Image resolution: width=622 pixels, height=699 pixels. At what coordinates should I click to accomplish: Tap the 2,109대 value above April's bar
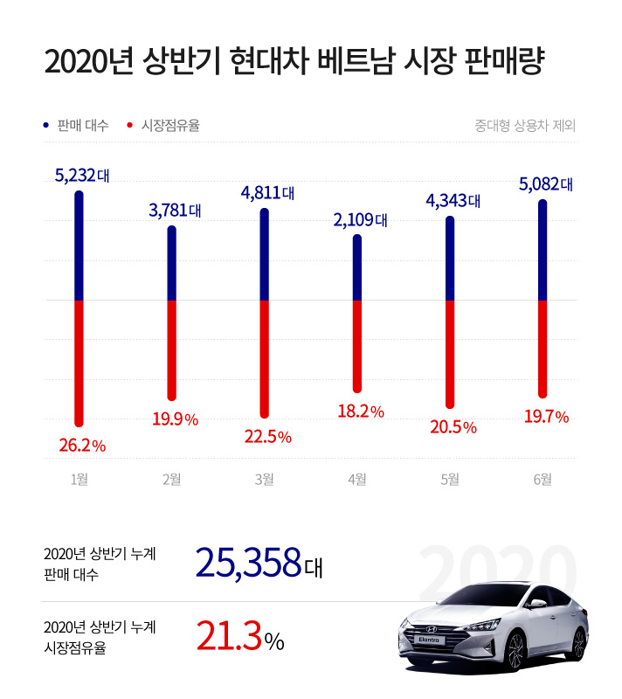(x=359, y=219)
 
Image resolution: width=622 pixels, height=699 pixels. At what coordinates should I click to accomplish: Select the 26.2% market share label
(x=81, y=446)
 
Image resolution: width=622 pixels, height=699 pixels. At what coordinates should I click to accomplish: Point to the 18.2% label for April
(x=360, y=411)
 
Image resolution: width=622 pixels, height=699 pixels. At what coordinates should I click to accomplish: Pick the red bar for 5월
(x=450, y=353)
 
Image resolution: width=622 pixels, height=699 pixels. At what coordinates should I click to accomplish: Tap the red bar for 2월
(x=172, y=349)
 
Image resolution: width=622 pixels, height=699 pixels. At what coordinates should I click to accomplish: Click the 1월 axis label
(x=79, y=479)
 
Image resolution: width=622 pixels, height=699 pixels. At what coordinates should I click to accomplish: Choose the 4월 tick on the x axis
(x=356, y=479)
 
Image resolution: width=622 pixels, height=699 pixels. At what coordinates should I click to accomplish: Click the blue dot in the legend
(x=45, y=126)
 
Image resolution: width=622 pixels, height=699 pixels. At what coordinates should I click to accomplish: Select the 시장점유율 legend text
(x=170, y=126)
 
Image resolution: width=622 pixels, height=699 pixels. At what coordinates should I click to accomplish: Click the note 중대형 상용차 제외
(x=524, y=126)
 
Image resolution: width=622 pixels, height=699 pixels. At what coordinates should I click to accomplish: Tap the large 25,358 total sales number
(x=248, y=564)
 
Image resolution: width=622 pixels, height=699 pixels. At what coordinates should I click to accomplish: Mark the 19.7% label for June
(x=544, y=418)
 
